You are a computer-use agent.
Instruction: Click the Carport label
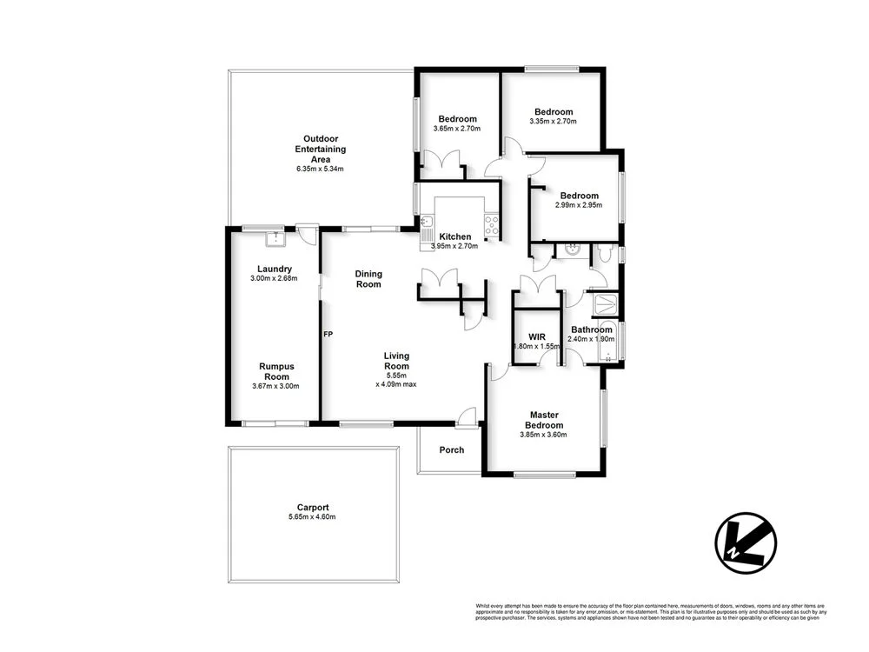tap(312, 508)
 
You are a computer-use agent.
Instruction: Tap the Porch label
tap(451, 450)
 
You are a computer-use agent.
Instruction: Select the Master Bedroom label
tap(543, 420)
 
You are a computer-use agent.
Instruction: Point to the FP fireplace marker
tap(328, 334)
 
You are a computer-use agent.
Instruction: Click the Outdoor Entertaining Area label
tap(320, 149)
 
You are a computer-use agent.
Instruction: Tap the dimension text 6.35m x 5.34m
tap(320, 169)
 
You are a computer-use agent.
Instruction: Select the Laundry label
tap(274, 269)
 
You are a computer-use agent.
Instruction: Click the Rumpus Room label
tap(275, 371)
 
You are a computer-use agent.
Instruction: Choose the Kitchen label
tap(454, 236)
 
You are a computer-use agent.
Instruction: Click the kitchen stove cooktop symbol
tap(492, 225)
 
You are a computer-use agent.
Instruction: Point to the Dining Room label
tap(368, 279)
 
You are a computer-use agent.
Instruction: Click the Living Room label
tap(396, 361)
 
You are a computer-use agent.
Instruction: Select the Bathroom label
tap(591, 329)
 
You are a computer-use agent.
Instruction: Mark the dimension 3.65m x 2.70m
tap(456, 130)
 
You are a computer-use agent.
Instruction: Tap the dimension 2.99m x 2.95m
tap(578, 206)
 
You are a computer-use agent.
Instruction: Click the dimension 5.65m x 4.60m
tap(312, 517)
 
